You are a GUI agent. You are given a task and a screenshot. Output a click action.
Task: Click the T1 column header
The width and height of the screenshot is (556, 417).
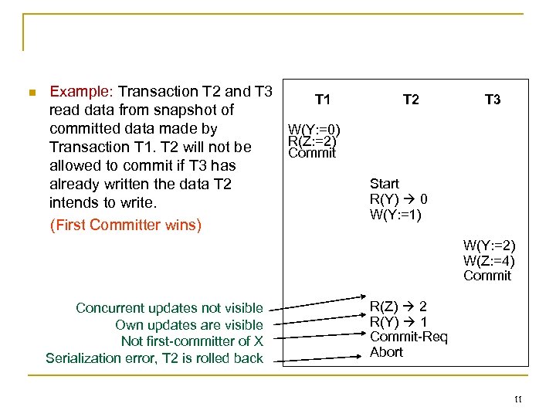pyautogui.click(x=323, y=100)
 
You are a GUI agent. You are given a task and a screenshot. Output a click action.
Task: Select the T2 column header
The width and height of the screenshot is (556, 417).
pyautogui.click(x=411, y=100)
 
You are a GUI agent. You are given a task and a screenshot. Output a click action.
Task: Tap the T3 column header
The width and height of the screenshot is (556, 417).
pyautogui.click(x=492, y=100)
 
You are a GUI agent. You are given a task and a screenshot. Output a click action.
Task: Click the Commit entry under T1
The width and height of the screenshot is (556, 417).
pyautogui.click(x=312, y=153)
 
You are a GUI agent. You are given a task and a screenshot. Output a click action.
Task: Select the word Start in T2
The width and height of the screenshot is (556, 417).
pyautogui.click(x=385, y=184)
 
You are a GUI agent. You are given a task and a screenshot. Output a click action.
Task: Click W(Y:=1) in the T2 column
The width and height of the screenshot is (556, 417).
pyautogui.click(x=395, y=215)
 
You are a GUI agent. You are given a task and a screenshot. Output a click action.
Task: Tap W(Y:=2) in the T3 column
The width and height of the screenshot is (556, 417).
pyautogui.click(x=489, y=246)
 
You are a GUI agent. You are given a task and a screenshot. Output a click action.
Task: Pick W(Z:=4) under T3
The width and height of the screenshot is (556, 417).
pyautogui.click(x=489, y=260)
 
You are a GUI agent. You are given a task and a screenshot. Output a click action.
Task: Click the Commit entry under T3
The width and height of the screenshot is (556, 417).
pyautogui.click(x=487, y=276)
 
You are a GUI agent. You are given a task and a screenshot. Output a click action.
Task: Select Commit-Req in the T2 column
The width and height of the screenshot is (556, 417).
pyautogui.click(x=409, y=337)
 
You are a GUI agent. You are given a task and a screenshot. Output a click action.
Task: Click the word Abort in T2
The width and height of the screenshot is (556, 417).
pyautogui.click(x=386, y=352)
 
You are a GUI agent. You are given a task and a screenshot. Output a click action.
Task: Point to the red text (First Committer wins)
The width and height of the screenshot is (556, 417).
pyautogui.click(x=125, y=225)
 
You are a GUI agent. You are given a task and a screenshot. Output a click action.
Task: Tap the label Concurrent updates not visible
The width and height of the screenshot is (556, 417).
pyautogui.click(x=169, y=308)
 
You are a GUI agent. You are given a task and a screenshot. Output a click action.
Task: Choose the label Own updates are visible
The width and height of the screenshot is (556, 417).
pyautogui.click(x=188, y=325)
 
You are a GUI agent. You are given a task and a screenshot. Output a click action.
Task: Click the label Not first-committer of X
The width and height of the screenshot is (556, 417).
pyautogui.click(x=192, y=341)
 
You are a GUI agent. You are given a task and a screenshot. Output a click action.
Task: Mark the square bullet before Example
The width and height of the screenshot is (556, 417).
pyautogui.click(x=31, y=93)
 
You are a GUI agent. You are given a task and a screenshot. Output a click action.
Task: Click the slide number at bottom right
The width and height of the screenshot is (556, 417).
pyautogui.click(x=517, y=399)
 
